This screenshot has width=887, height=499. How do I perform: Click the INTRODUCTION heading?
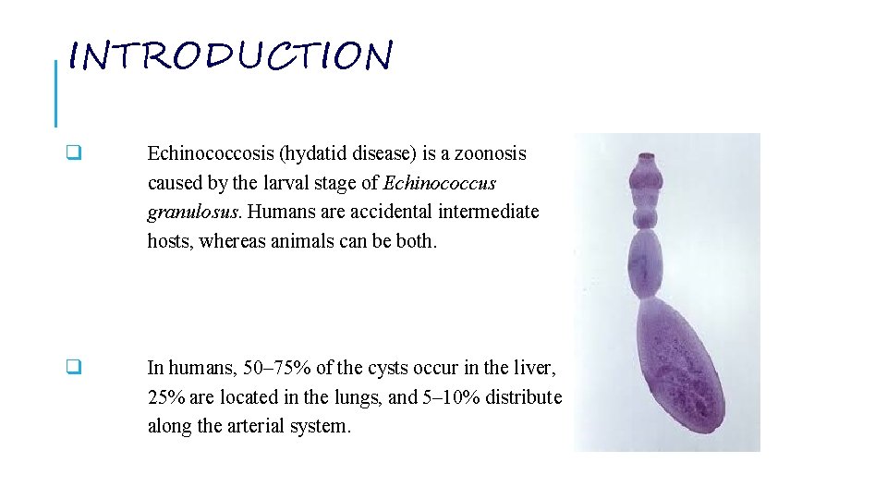[231, 57]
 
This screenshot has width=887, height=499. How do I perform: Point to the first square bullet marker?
[73, 153]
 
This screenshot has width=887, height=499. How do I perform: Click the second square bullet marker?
[73, 368]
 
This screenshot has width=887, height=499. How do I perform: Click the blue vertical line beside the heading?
[55, 92]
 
